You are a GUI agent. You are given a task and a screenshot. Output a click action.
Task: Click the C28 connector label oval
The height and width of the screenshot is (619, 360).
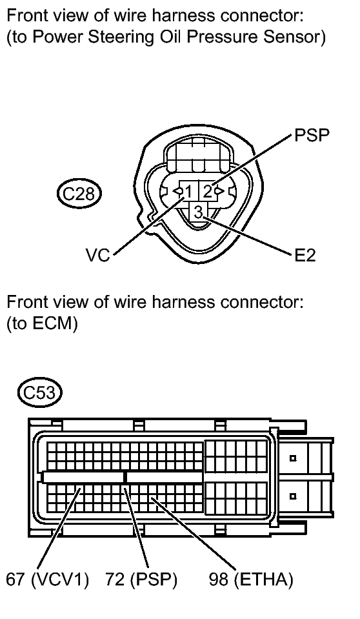coord(79,193)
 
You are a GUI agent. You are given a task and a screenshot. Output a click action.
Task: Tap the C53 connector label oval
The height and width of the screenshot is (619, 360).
coord(39,393)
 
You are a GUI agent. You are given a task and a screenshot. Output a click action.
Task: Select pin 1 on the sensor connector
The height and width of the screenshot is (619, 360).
coord(188,192)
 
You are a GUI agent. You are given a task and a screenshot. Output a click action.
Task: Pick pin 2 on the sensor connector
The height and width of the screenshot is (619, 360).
coord(206,192)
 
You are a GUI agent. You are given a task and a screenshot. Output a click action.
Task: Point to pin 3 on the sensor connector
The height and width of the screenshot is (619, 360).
coord(198,212)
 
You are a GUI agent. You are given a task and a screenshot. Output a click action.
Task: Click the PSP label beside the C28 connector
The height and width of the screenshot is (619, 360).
coord(312,135)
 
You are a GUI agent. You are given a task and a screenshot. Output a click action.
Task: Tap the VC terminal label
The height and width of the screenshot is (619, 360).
coord(98,256)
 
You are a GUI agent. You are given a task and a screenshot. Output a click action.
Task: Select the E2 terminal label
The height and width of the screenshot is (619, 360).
coord(305,256)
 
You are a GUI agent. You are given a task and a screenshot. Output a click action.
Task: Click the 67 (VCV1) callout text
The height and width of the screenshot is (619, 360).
coord(47,580)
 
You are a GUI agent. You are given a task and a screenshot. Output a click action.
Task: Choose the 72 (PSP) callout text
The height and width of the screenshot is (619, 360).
coord(141,580)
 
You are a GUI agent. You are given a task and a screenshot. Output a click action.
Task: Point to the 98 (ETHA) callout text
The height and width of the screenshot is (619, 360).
coord(251,580)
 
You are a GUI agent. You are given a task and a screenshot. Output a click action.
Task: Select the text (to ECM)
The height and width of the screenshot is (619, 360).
coord(43,324)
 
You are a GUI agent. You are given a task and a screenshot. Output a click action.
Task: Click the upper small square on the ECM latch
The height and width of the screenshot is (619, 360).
coord(293,458)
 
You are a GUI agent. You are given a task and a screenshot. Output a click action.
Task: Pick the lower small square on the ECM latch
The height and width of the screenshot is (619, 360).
coord(293,496)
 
